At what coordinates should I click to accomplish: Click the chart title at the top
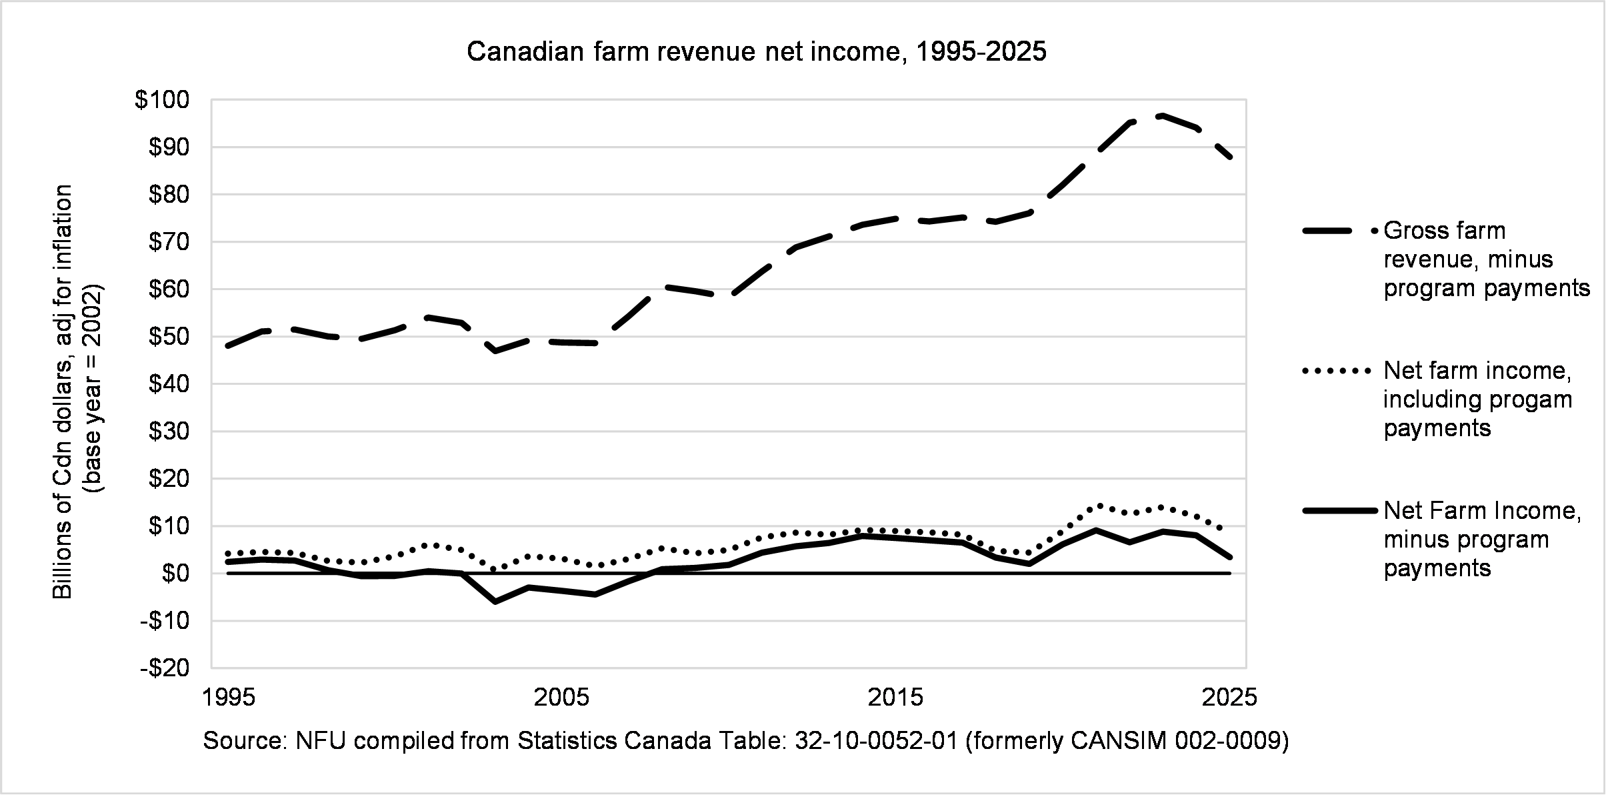pos(756,52)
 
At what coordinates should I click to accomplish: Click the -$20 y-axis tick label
pos(165,668)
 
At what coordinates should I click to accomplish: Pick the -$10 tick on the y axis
pos(165,621)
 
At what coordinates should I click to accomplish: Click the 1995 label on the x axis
pos(229,698)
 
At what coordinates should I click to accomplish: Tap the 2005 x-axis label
pos(562,698)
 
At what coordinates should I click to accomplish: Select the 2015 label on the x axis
pos(895,698)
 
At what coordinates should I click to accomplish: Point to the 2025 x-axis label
pos(1229,698)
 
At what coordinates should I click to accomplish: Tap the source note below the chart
pos(745,741)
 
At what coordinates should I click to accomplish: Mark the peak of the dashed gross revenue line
pos(1162,116)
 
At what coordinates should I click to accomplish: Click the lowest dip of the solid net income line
pos(495,602)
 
